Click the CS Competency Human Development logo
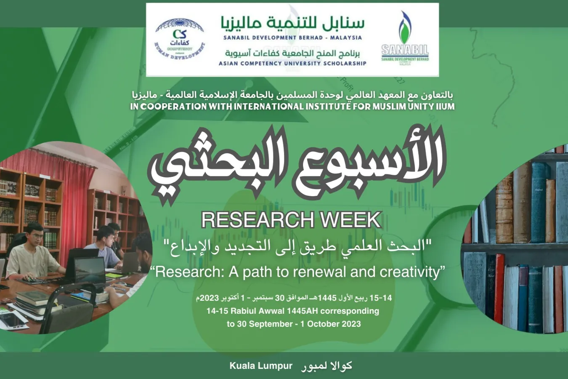click(180, 39)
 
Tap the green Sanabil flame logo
click(405, 29)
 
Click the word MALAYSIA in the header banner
click(346, 37)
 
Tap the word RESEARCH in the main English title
click(258, 220)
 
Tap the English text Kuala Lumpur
click(261, 366)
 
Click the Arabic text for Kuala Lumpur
click(326, 366)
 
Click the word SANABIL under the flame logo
click(405, 50)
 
